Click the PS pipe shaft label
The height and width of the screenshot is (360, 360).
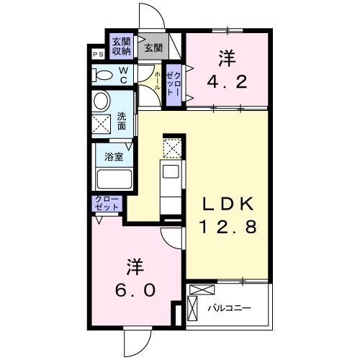click(98, 54)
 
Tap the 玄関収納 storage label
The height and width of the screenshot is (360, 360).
click(122, 46)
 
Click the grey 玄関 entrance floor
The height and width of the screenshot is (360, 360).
click(153, 47)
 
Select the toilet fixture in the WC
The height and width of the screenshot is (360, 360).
click(102, 75)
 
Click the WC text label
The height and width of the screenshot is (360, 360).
click(123, 75)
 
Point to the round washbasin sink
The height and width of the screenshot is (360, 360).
click(102, 102)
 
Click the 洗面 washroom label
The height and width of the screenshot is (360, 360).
click(122, 121)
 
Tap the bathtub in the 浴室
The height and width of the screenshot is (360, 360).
click(114, 179)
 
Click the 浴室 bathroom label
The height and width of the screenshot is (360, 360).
click(114, 157)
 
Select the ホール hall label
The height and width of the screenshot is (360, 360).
click(158, 81)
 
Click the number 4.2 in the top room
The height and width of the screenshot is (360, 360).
click(227, 82)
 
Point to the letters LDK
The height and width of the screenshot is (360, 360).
click(228, 204)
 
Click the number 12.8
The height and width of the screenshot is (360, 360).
click(228, 227)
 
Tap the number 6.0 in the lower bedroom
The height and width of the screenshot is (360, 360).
click(135, 289)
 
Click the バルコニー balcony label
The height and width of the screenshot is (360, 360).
click(229, 308)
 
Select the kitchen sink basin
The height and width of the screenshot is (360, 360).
click(171, 171)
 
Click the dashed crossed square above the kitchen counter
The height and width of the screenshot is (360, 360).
click(172, 148)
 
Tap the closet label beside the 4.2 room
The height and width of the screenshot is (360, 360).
click(174, 84)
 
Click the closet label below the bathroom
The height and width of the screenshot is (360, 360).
click(107, 204)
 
